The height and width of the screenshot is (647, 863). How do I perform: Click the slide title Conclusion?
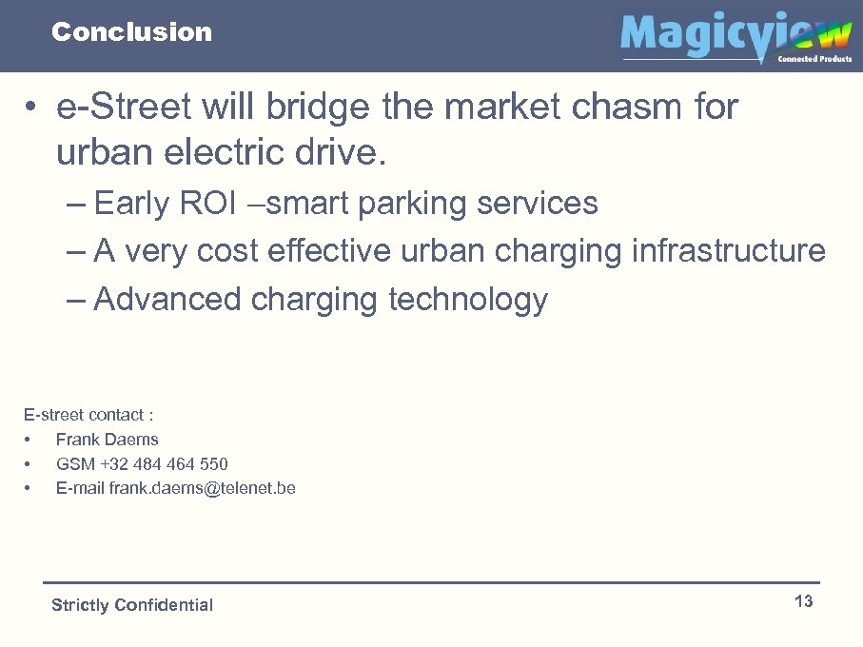point(131,32)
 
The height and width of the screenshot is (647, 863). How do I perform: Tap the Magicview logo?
point(735,36)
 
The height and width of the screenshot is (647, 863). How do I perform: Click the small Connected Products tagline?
point(814,59)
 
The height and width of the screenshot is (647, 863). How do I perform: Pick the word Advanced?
point(167,300)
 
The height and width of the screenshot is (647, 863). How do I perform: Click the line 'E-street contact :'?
point(88,415)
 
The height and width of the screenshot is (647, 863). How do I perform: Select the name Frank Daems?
point(107,440)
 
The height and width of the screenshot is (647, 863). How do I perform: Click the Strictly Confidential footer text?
point(131,605)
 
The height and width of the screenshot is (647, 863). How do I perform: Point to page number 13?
point(803,601)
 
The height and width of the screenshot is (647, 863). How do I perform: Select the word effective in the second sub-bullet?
point(329,251)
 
